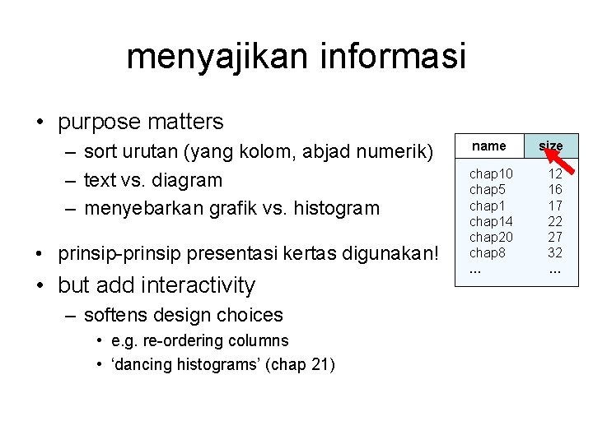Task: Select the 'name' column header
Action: pyautogui.click(x=489, y=146)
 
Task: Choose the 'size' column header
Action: pyautogui.click(x=551, y=146)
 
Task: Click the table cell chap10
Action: pyautogui.click(x=491, y=174)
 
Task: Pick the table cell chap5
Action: pyautogui.click(x=488, y=190)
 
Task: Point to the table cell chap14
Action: pyautogui.click(x=491, y=221)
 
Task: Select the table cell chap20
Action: pyautogui.click(x=491, y=237)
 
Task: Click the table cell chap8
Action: pyautogui.click(x=488, y=252)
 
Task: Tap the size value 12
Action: pyautogui.click(x=555, y=174)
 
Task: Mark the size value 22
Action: pyautogui.click(x=555, y=221)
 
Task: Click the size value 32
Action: pyautogui.click(x=555, y=252)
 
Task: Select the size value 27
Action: pyautogui.click(x=555, y=237)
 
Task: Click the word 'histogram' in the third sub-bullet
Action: pyautogui.click(x=340, y=208)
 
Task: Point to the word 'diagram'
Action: pyautogui.click(x=187, y=179)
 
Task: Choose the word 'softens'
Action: pyautogui.click(x=117, y=315)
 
